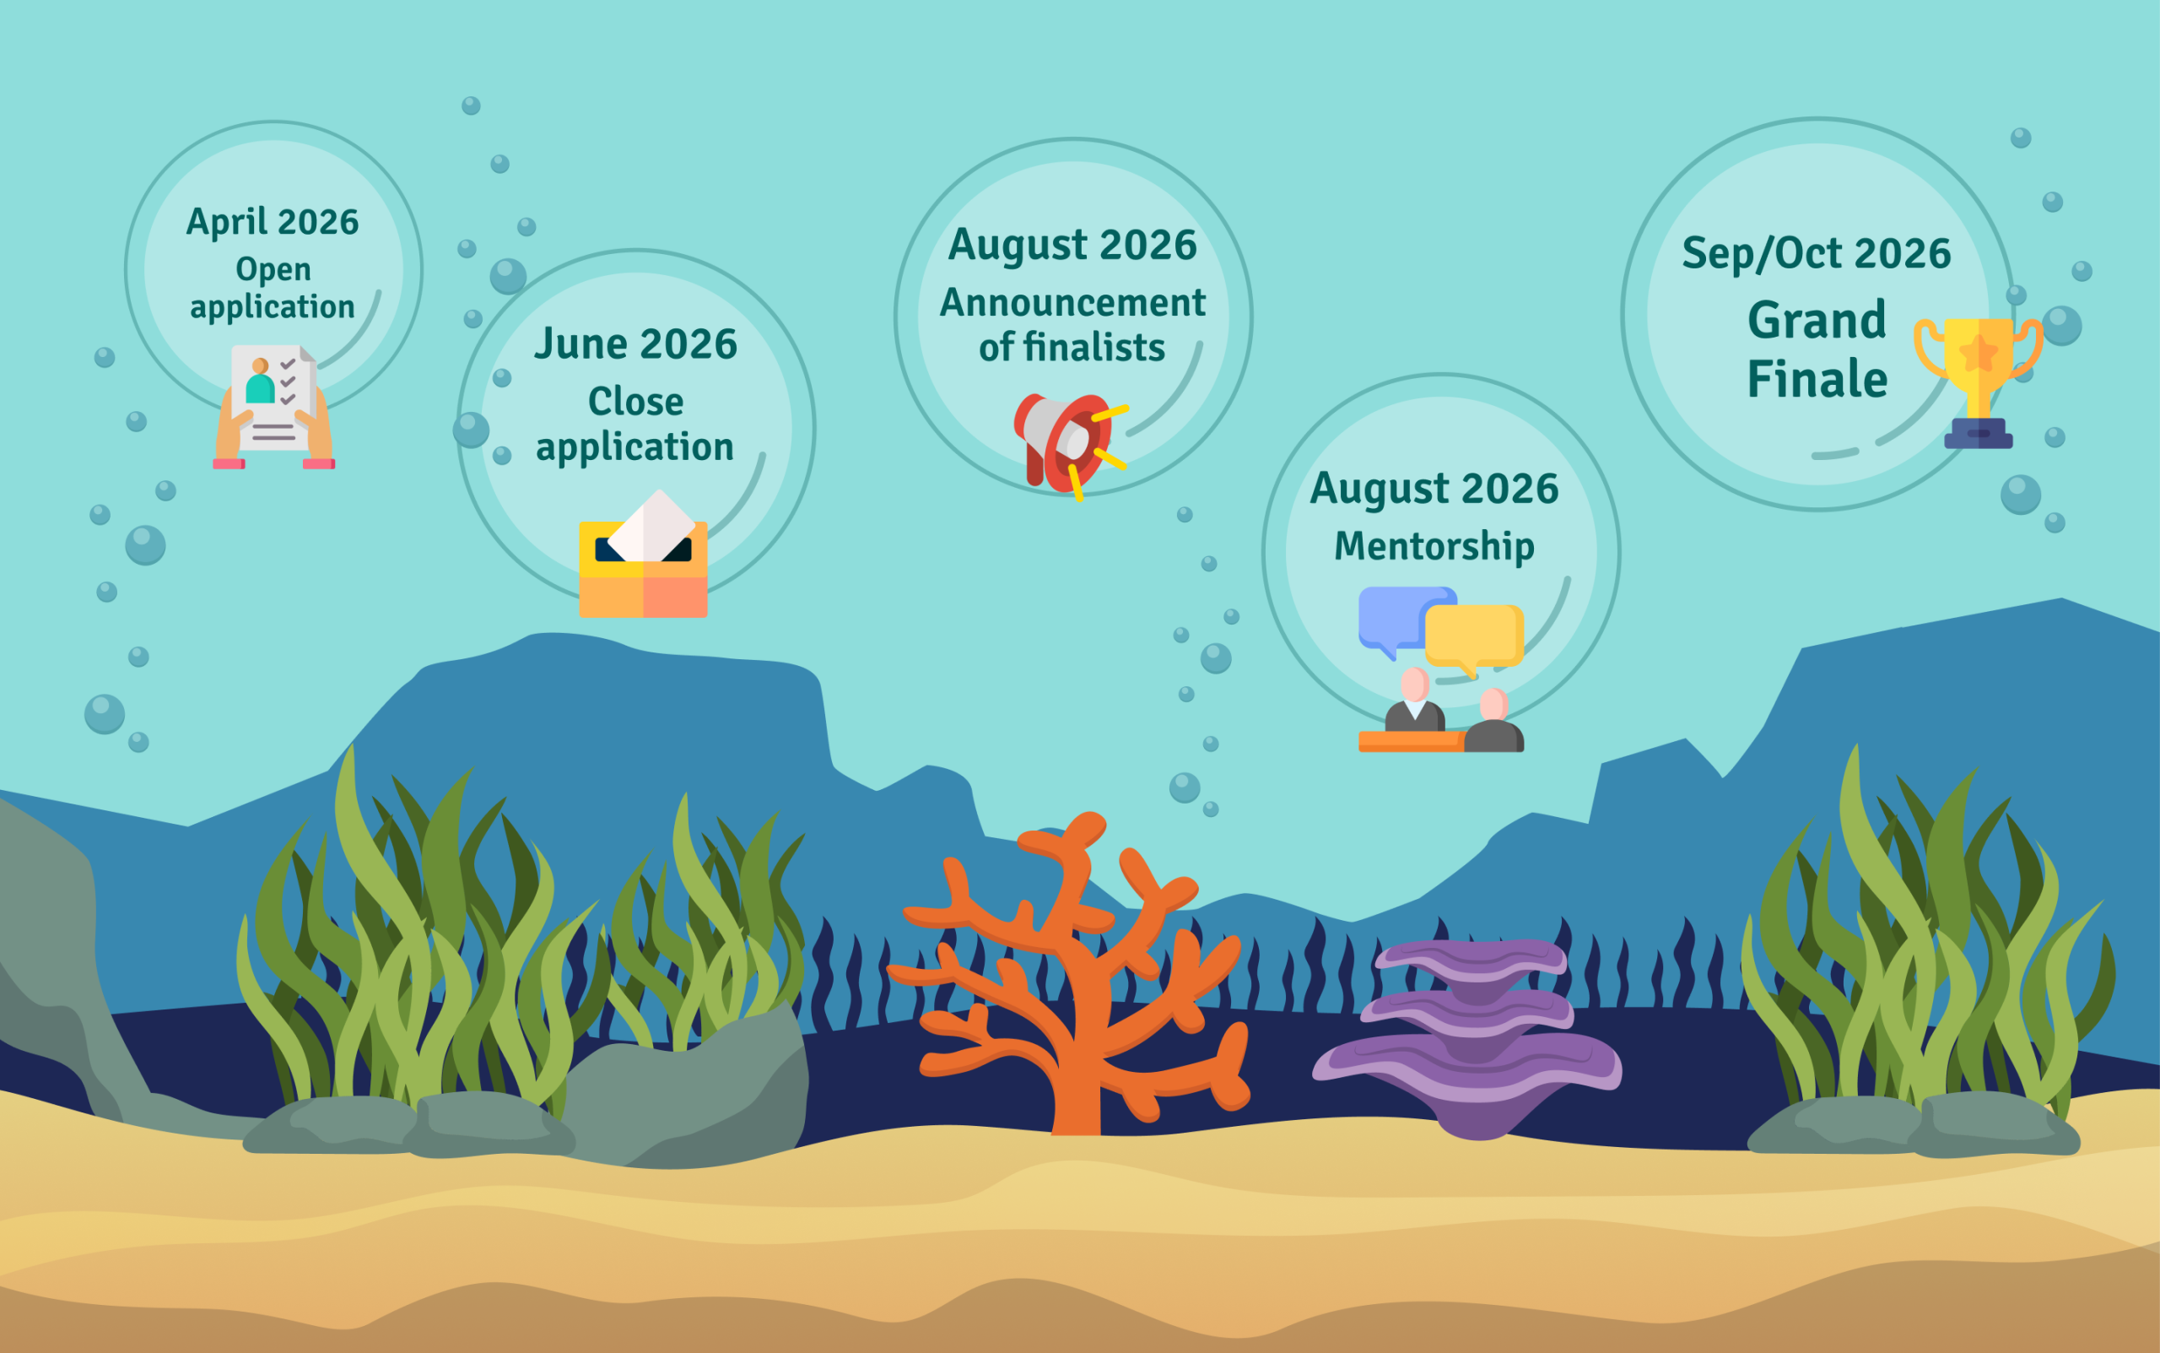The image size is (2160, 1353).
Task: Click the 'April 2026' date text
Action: coord(273,222)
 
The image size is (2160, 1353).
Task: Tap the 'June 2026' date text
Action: coord(636,344)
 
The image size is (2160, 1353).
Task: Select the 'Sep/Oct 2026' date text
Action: coord(1817,254)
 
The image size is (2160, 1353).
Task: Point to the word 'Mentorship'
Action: coord(1434,547)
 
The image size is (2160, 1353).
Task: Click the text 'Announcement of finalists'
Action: coord(1072,325)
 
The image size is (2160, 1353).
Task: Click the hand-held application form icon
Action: coord(273,407)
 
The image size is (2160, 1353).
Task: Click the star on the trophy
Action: coord(1979,353)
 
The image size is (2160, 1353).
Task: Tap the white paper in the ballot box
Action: coord(651,526)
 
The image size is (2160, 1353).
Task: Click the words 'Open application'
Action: coord(273,288)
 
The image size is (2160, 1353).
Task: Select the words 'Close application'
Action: coord(635,425)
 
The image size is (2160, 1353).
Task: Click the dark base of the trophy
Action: coord(1979,433)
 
